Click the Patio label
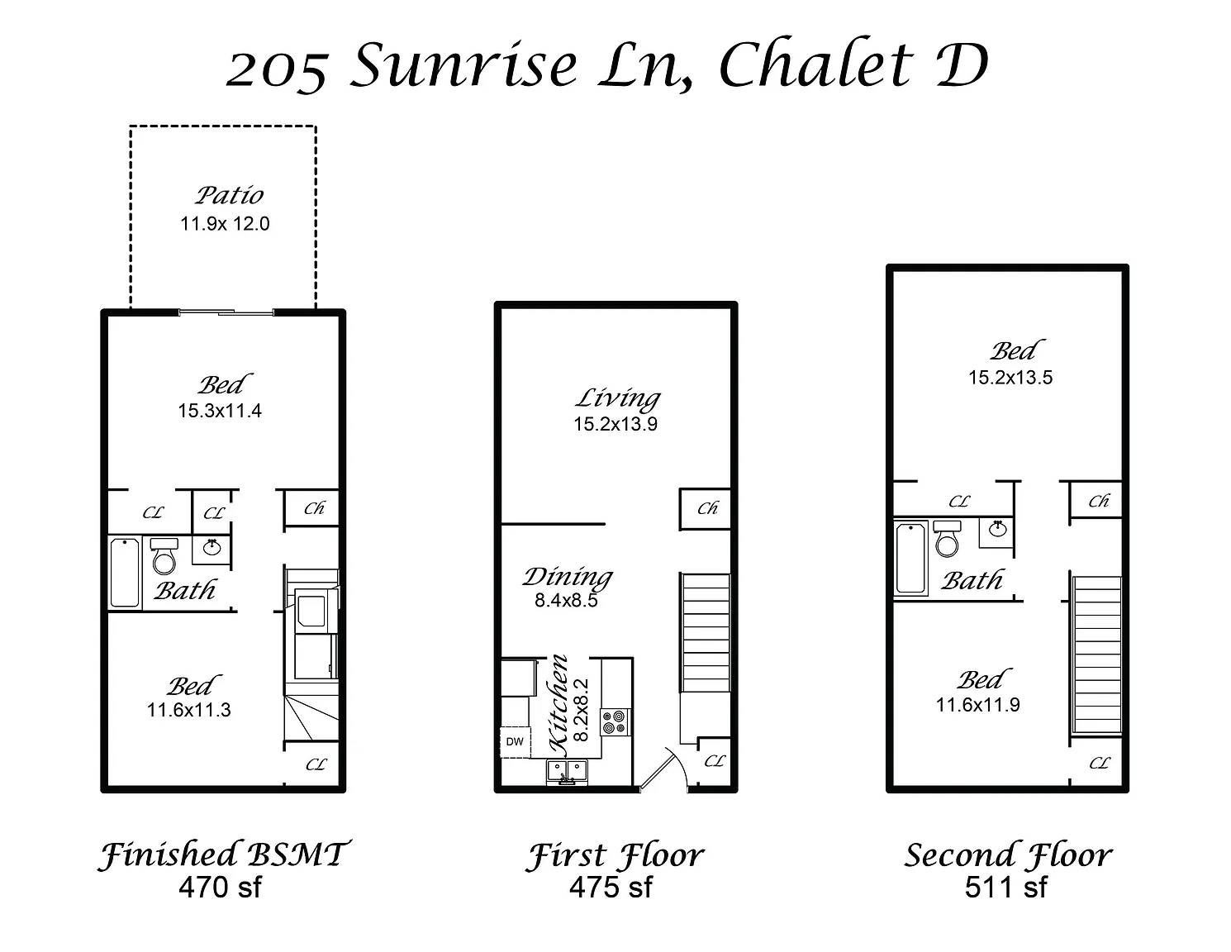click(x=230, y=195)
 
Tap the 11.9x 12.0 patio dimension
click(x=225, y=224)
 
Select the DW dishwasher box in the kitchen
click(x=515, y=741)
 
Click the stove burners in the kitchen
click(x=614, y=722)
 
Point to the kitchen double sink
click(x=566, y=772)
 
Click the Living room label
click(x=617, y=398)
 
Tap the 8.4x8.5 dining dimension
click(x=566, y=601)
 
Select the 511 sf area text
click(x=1005, y=888)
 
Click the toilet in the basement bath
click(x=164, y=556)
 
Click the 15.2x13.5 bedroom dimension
click(x=1010, y=378)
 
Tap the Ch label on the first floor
click(x=707, y=508)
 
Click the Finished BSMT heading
click(x=223, y=854)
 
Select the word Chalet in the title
click(x=816, y=65)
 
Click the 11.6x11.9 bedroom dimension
click(x=977, y=705)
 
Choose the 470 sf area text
click(x=220, y=888)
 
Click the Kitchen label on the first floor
click(x=559, y=704)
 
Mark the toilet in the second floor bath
click(x=947, y=539)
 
